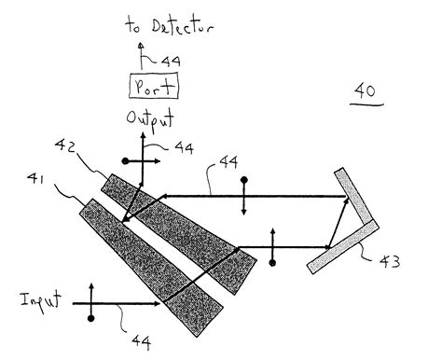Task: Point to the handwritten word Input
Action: [x=40, y=300]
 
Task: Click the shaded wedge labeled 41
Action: [x=149, y=262]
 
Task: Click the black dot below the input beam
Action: [x=90, y=319]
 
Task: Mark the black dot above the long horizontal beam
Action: [x=243, y=179]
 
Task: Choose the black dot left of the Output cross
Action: [x=124, y=161]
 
